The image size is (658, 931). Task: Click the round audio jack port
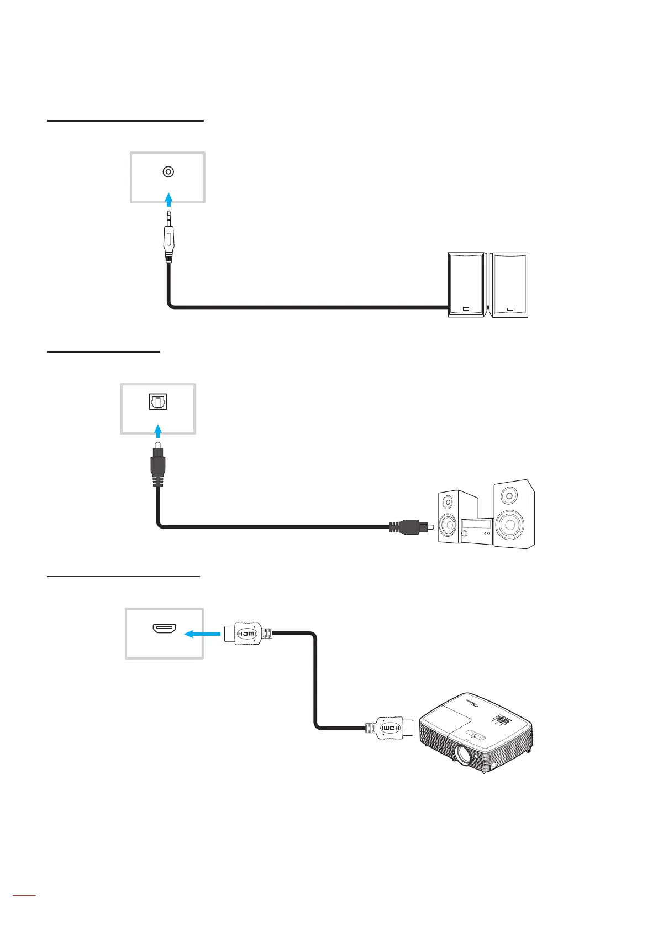169,172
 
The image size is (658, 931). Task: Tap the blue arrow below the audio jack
169,199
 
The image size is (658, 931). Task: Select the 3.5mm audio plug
169,238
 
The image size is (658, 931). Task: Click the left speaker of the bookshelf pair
467,285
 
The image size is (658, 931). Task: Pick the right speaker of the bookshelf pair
509,285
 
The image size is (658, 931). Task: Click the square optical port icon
158,402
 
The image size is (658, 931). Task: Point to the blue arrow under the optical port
159,431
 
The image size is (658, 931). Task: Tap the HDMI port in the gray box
164,628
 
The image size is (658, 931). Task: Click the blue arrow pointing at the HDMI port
202,634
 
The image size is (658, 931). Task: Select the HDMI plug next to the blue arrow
247,634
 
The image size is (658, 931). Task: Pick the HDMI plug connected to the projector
390,728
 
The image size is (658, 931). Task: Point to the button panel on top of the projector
502,720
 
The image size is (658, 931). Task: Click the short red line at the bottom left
24,910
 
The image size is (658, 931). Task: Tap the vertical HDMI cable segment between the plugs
315,680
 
